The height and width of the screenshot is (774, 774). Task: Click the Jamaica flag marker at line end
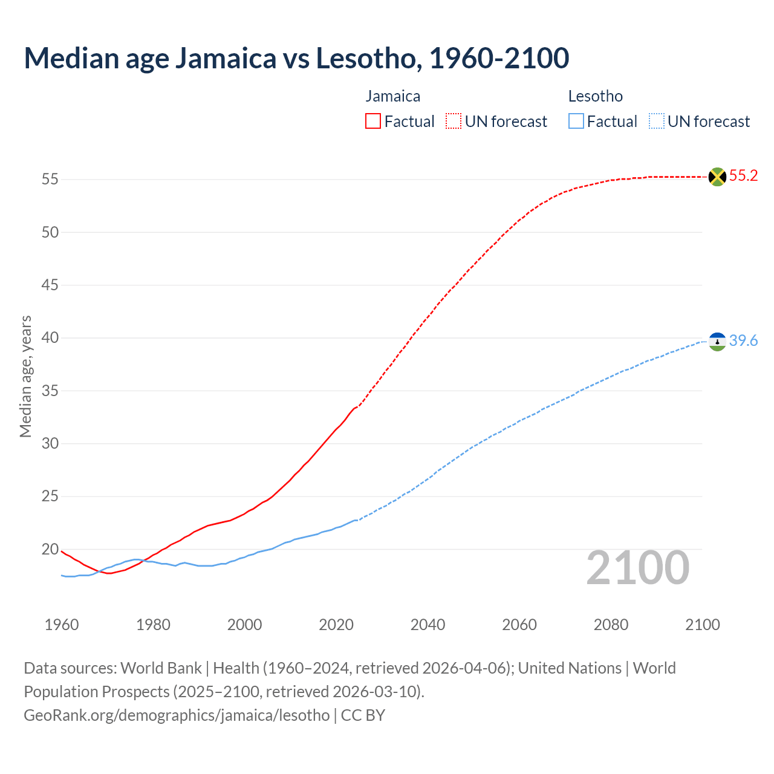coord(717,177)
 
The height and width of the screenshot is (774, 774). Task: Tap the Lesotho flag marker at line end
coord(717,342)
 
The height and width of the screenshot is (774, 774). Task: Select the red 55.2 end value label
coord(743,176)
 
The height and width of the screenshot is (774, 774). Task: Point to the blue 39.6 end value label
coord(743,341)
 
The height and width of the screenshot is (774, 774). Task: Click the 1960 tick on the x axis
coord(62,625)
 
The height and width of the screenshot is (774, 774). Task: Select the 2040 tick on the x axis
coord(428,625)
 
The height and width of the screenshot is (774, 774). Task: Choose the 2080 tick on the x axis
coord(611,625)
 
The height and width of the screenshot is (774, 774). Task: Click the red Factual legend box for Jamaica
coord(373,122)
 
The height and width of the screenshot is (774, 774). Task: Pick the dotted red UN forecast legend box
coord(454,122)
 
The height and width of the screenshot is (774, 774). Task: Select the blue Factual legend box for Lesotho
coord(576,122)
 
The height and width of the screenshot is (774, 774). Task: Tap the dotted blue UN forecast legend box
coord(656,122)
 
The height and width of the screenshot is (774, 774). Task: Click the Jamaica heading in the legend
coord(393,97)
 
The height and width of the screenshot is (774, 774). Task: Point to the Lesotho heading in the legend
coord(596,97)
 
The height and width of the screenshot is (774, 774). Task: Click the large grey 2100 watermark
coord(637,568)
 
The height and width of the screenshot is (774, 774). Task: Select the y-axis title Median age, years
coord(25,376)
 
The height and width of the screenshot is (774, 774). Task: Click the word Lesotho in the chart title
coord(366,58)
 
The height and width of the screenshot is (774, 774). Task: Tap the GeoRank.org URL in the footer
coord(177,715)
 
